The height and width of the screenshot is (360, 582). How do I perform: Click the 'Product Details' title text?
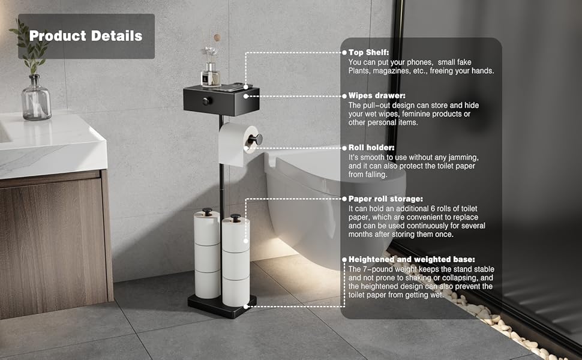(x=86, y=35)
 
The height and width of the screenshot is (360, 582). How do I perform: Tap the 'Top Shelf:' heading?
(x=368, y=52)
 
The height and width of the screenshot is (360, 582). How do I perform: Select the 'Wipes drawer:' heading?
(x=377, y=96)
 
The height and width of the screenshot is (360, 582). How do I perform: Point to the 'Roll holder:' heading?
(x=371, y=148)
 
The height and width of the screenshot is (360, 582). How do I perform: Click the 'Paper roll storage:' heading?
(x=386, y=199)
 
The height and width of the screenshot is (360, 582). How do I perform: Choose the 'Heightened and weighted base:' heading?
(x=412, y=259)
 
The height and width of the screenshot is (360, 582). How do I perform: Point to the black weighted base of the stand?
(x=222, y=305)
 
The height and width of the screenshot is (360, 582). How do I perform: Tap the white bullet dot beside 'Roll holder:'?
(x=344, y=148)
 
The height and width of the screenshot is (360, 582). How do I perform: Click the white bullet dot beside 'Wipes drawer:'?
(x=344, y=96)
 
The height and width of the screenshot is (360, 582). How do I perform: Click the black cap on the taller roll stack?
(x=207, y=211)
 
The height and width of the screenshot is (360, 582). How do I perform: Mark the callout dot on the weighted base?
(x=246, y=307)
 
